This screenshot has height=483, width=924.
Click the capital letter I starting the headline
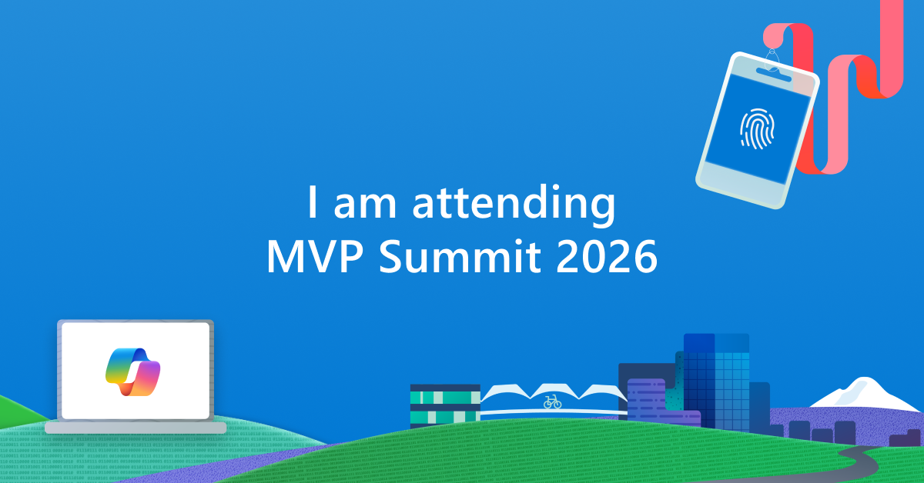pyautogui.click(x=312, y=205)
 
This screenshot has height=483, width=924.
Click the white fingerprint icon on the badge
pyautogui.click(x=756, y=127)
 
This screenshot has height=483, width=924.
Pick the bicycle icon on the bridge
pyautogui.click(x=552, y=401)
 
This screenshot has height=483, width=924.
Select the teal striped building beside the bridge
pyautogui.click(x=444, y=405)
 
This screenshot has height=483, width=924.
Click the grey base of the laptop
pyautogui.click(x=136, y=427)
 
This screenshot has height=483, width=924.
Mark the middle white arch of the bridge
pyautogui.click(x=552, y=391)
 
